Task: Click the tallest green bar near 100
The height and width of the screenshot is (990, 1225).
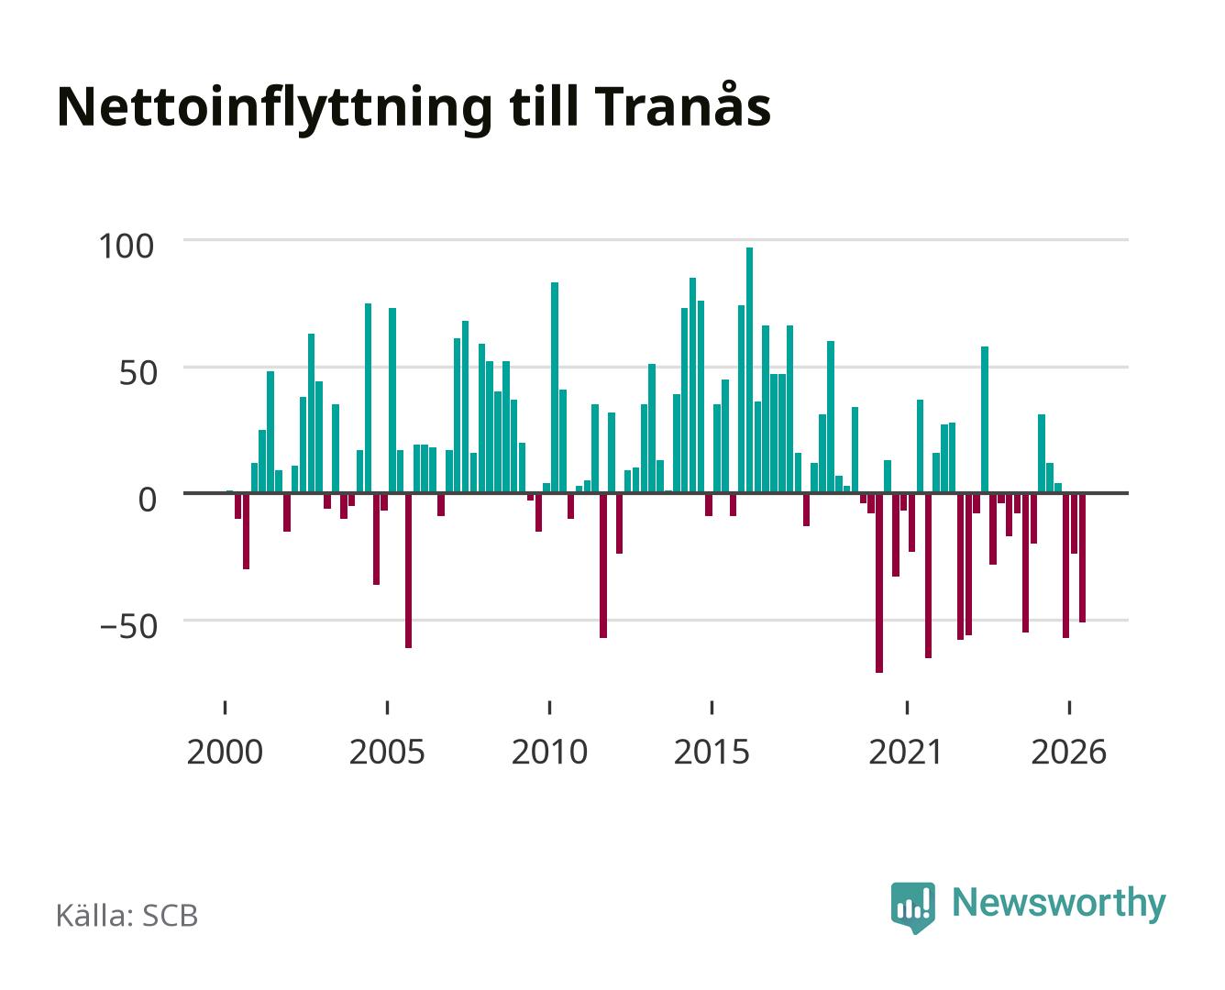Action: pos(749,369)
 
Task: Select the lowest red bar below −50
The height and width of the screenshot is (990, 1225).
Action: pos(879,582)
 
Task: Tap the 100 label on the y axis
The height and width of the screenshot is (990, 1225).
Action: pos(127,247)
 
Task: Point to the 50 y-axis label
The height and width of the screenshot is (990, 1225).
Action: pos(138,373)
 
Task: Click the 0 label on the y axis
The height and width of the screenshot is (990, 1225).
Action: pos(148,500)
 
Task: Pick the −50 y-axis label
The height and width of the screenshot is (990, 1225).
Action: pos(128,626)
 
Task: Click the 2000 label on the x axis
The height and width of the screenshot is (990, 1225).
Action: pos(225,752)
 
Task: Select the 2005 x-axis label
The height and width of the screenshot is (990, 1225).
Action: pos(387,752)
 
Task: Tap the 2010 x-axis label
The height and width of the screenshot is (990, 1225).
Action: pos(550,752)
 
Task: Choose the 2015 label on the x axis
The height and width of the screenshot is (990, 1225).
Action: pos(712,752)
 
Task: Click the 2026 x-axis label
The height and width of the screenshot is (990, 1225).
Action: pos(1069,752)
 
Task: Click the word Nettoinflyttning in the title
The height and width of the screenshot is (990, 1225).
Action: pos(275,109)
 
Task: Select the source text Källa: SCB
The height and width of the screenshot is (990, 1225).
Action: pos(127,915)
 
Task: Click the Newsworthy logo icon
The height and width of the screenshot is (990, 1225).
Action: pos(912,907)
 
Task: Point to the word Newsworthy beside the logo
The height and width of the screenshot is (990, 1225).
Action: pos(1059,903)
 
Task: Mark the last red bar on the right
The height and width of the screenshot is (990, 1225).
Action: pos(1082,557)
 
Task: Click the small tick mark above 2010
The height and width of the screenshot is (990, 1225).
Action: pos(550,708)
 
